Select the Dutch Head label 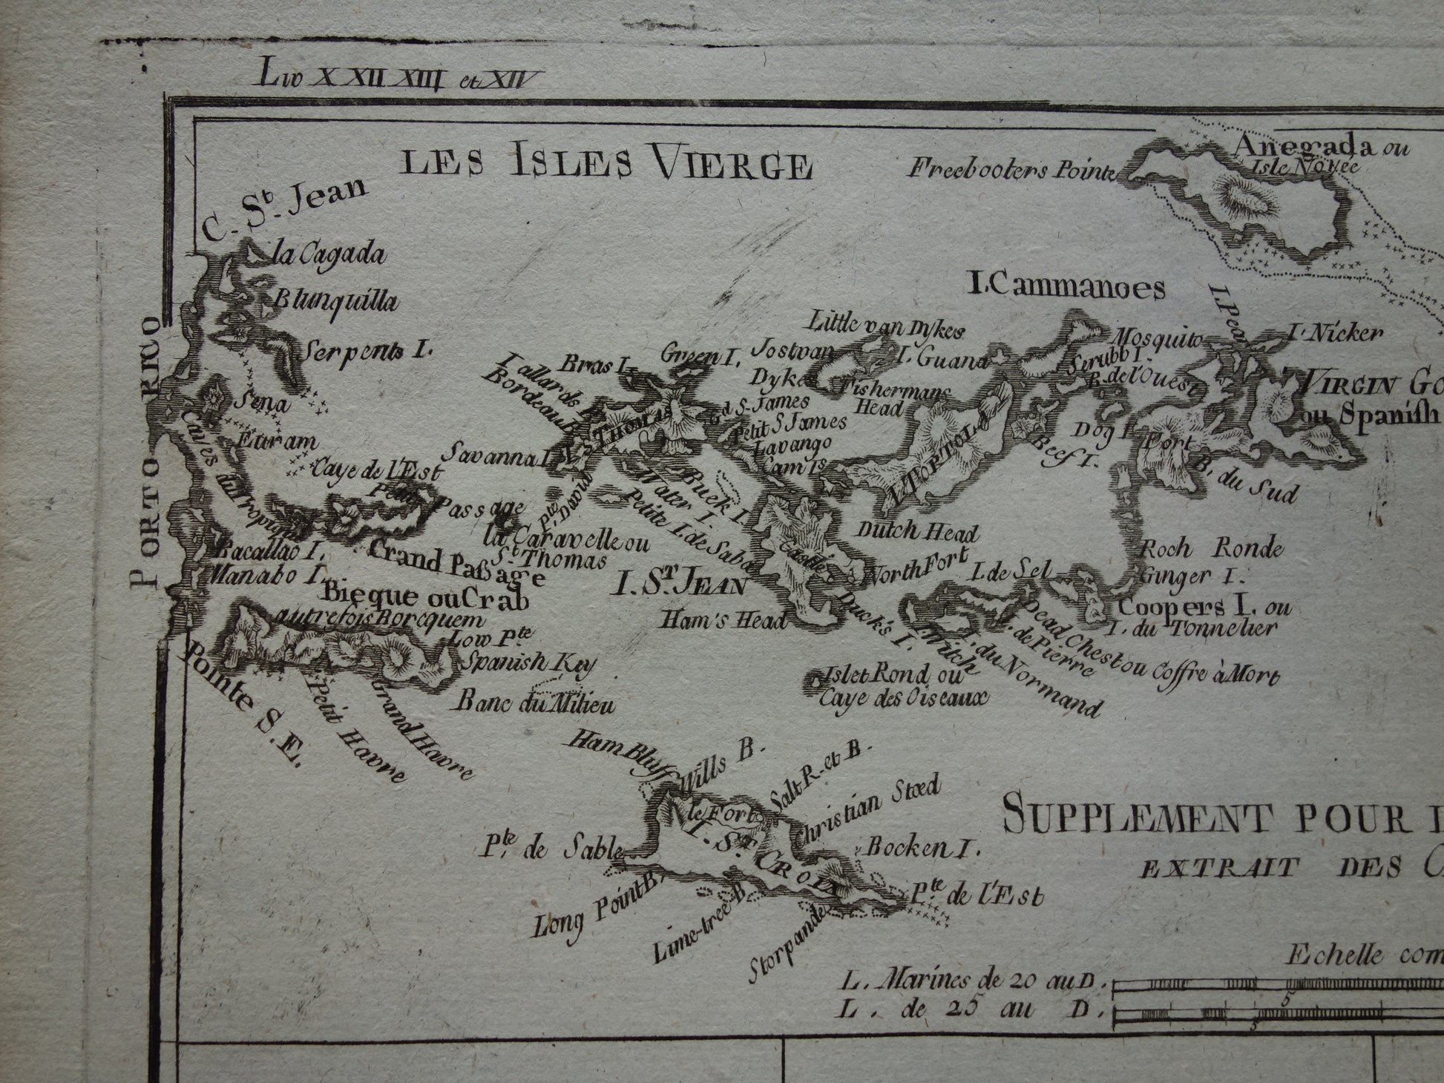pos(917,532)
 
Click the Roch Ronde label pos(1211,550)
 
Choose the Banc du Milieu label pos(535,702)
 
